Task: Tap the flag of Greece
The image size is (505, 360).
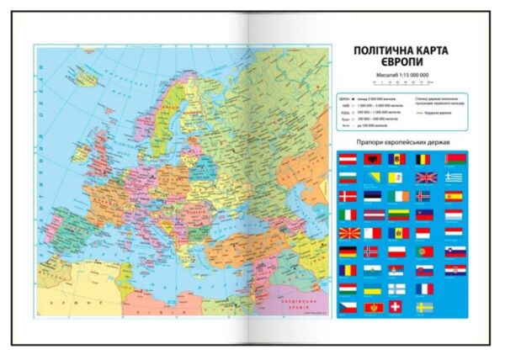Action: click(x=454, y=177)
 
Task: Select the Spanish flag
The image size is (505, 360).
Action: click(x=454, y=196)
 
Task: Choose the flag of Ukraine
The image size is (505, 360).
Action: click(x=373, y=289)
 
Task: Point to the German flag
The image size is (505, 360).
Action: click(x=348, y=251)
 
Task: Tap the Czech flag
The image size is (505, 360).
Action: click(x=348, y=307)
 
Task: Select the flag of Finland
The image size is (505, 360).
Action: click(x=397, y=289)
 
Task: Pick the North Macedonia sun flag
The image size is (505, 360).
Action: click(x=348, y=233)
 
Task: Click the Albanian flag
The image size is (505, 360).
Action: click(x=373, y=160)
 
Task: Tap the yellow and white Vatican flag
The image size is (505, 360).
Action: click(x=397, y=177)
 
